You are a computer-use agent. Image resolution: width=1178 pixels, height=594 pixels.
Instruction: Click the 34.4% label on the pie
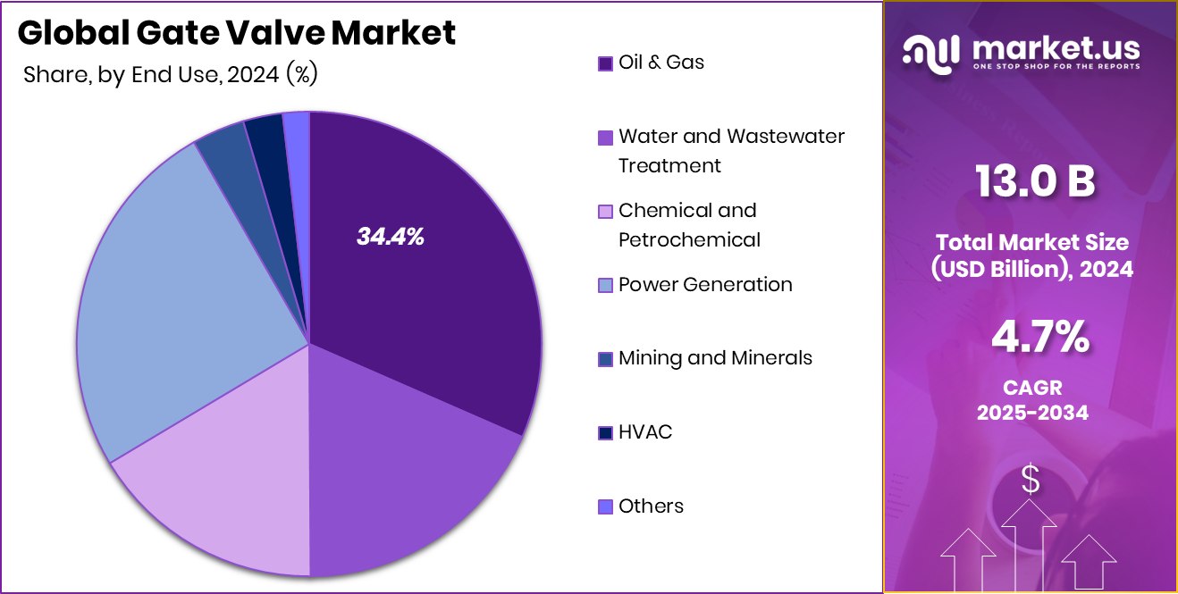(x=390, y=237)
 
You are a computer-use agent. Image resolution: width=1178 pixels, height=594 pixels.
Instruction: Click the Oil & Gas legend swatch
(x=605, y=63)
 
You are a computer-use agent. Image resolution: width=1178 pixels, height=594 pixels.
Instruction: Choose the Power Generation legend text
(x=705, y=285)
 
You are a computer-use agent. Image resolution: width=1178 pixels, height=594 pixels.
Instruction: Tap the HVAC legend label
(x=644, y=432)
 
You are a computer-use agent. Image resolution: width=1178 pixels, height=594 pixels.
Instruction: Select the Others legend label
(x=651, y=506)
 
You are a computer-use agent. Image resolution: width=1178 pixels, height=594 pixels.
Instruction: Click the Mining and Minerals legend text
(x=715, y=358)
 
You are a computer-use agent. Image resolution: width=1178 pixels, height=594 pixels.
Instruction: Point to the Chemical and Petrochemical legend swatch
(x=605, y=212)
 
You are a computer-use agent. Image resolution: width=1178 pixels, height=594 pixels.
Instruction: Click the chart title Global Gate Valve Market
(x=237, y=33)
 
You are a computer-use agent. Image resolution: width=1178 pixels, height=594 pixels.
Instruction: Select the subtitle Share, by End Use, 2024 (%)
(x=171, y=75)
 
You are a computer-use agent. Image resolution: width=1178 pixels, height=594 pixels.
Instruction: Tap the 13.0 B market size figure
(x=1034, y=183)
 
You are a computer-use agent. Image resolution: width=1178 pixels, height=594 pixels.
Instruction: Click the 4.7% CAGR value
(x=1039, y=339)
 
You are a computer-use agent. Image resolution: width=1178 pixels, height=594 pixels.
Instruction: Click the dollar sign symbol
(x=1031, y=481)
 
